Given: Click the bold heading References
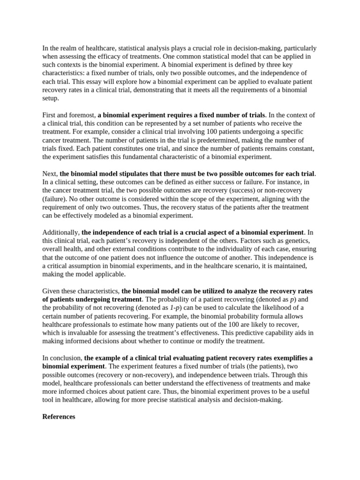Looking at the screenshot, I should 59,416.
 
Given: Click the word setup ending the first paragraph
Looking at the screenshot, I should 51,98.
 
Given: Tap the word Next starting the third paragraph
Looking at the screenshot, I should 50,174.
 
